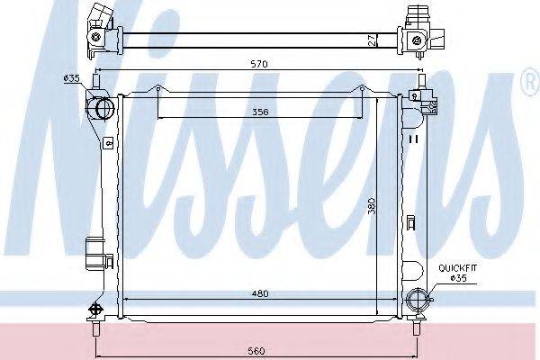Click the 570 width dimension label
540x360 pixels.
coord(259,64)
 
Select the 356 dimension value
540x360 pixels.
coord(260,112)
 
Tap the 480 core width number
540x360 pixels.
coord(260,293)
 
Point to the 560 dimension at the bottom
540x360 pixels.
coord(256,351)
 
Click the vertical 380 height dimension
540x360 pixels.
coord(371,206)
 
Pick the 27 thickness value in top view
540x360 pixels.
coord(372,41)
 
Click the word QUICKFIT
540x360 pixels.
coord(458,268)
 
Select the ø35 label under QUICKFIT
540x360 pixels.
coord(458,278)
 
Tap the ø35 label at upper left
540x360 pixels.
coord(72,78)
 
